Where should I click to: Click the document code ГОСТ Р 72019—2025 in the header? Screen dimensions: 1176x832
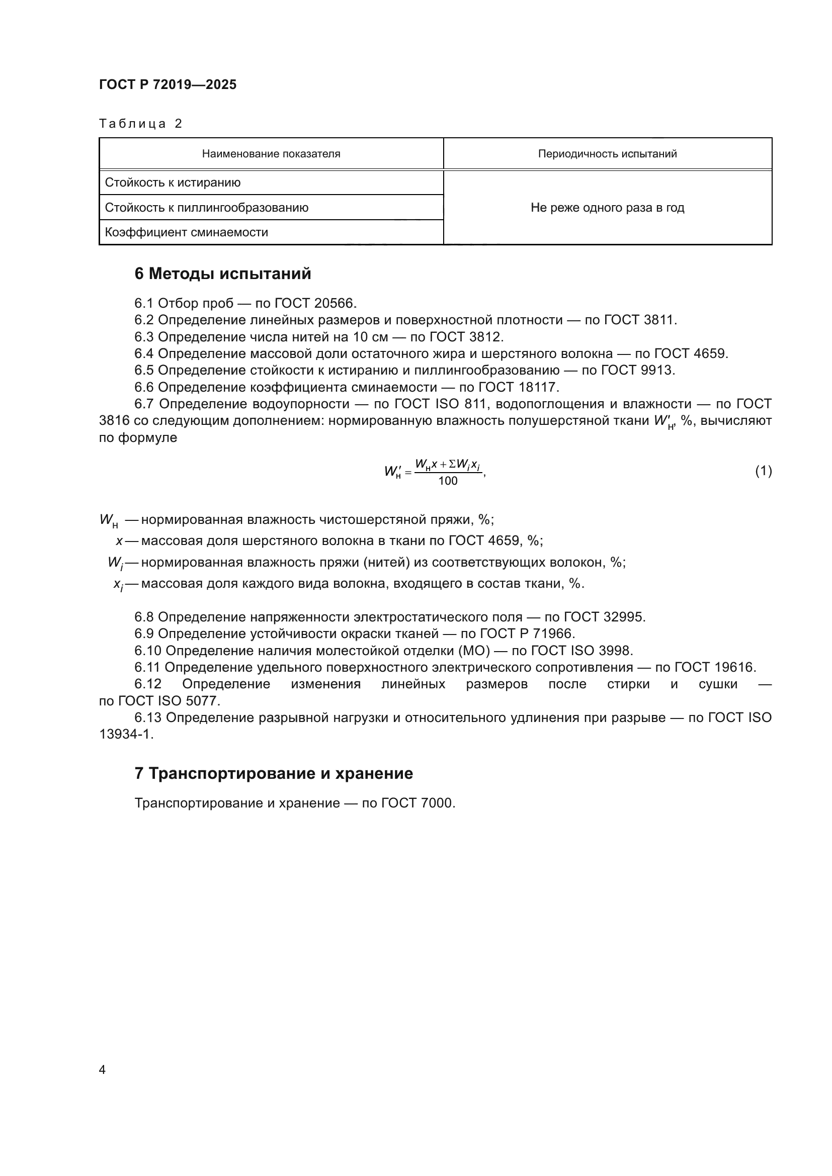click(168, 84)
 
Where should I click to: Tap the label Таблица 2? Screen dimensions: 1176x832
click(140, 124)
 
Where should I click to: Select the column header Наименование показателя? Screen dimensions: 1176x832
click(271, 154)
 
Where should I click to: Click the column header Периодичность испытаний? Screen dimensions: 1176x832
click(607, 154)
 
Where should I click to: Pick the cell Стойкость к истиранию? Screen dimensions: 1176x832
click(173, 183)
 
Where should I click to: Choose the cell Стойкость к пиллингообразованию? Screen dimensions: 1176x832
click(206, 208)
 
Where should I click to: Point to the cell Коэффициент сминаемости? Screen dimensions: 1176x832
click(187, 232)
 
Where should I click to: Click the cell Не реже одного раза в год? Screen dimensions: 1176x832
click(607, 208)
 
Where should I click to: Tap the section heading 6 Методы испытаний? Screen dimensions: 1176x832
click(222, 274)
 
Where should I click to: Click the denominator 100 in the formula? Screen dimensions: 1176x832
click(448, 481)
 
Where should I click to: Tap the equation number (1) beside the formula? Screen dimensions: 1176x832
click(763, 470)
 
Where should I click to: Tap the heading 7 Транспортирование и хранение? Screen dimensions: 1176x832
click(274, 773)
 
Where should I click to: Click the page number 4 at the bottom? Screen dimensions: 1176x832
click(102, 1069)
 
